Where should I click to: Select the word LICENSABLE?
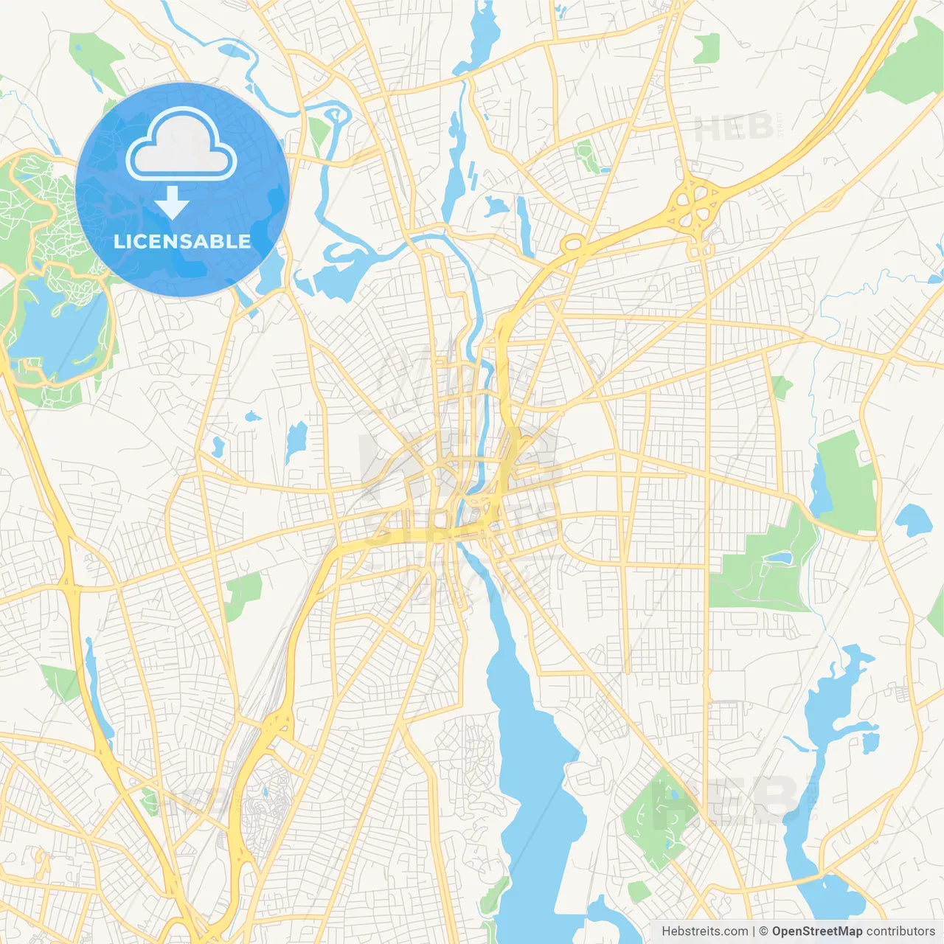[x=182, y=241]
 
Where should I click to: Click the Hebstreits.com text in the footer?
[x=704, y=931]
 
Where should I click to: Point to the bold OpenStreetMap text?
[x=817, y=931]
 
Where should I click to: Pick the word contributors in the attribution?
[x=900, y=931]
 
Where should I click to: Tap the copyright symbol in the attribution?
[x=764, y=931]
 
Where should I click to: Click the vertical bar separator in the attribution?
[x=754, y=931]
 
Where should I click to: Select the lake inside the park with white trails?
[x=55, y=324]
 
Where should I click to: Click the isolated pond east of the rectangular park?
[x=913, y=520]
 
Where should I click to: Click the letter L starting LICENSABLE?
[x=119, y=241]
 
